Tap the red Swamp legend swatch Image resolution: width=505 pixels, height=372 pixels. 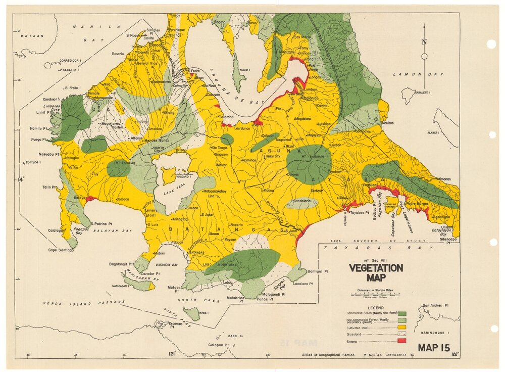tap(402, 342)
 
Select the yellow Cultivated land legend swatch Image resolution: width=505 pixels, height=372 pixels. tap(402, 328)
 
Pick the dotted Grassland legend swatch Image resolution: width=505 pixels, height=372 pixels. tap(402, 335)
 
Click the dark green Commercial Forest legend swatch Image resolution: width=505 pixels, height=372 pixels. tap(402, 313)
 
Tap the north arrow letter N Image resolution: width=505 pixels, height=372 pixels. tap(424, 42)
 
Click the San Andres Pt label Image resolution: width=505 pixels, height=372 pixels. tap(436, 306)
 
